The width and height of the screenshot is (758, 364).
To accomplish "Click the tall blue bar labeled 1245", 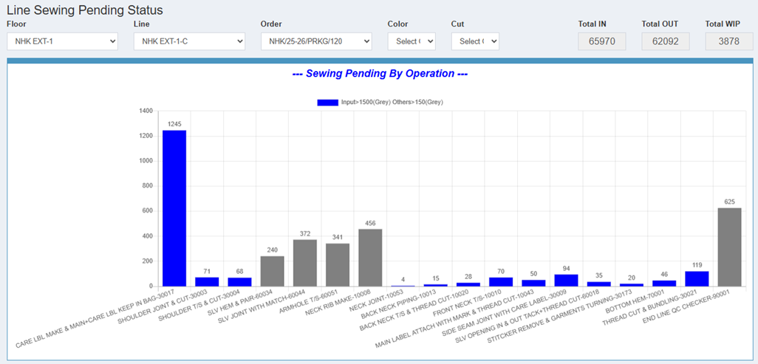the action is coord(174,208).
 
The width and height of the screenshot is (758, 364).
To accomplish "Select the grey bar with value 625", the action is coord(729,247).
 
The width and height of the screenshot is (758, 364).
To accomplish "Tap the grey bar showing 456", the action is coord(370,258).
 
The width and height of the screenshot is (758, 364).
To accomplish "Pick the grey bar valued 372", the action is coord(305,263).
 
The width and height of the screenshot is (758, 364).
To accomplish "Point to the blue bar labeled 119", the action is coord(697,279).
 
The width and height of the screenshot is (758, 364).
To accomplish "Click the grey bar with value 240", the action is coord(272,271).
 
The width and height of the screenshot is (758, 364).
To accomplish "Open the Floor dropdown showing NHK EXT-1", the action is coord(62,41).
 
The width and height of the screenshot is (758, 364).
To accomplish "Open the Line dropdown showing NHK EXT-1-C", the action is coord(189,41).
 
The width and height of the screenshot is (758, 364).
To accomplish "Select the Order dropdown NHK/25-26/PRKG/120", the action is coord(316,41).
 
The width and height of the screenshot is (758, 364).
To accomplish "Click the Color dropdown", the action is coord(412,41).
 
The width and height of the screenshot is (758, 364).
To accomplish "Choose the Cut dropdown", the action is coord(475,41).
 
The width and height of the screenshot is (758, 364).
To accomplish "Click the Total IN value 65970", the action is coord(602,41).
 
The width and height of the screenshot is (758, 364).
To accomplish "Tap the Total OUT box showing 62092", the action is coord(666,41).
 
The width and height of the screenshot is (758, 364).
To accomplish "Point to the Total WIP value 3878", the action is coord(729,41).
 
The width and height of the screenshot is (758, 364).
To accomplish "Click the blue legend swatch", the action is coord(328,103).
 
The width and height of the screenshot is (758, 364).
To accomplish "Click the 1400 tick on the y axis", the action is coord(146,111).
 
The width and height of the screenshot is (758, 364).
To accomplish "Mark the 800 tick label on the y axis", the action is coord(148,186).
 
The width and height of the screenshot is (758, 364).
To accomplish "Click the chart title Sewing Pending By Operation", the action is coord(380,74).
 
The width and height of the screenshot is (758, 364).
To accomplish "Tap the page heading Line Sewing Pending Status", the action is coord(85,10).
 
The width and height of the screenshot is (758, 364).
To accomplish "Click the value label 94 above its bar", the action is coord(566,268).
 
